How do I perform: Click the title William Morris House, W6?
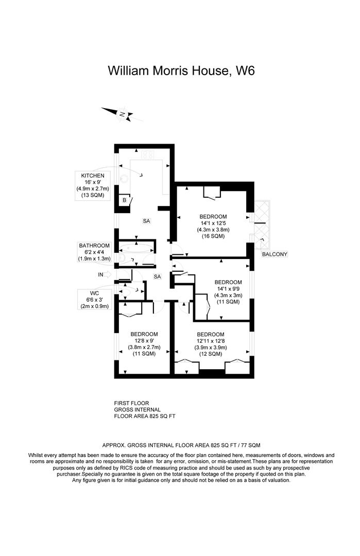pos(181,71)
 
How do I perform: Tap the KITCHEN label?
pos(93,176)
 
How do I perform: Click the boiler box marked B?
pos(124,200)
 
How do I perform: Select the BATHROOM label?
pos(94,246)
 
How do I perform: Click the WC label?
pos(94,292)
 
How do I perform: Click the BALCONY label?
pos(275,254)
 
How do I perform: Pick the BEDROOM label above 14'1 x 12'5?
pos(213,216)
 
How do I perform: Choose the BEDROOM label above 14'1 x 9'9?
pos(228,282)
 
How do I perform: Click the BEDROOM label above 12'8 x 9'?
pos(144,334)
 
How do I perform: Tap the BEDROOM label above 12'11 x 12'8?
pos(211,334)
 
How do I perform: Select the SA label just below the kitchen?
pos(146,221)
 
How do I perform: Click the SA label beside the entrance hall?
pos(158,276)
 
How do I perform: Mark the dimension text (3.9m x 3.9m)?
pos(211,347)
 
